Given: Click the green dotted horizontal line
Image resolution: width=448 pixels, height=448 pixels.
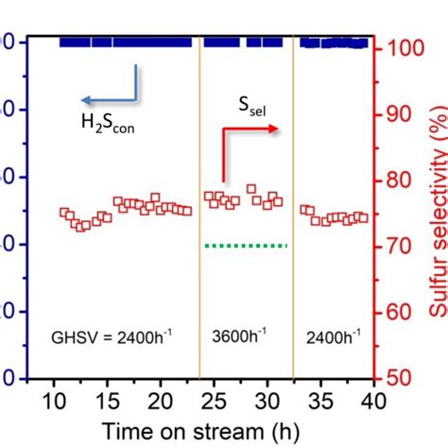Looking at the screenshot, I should pyautogui.click(x=246, y=246).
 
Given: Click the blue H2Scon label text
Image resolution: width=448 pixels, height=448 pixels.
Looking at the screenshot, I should pyautogui.click(x=106, y=120).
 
